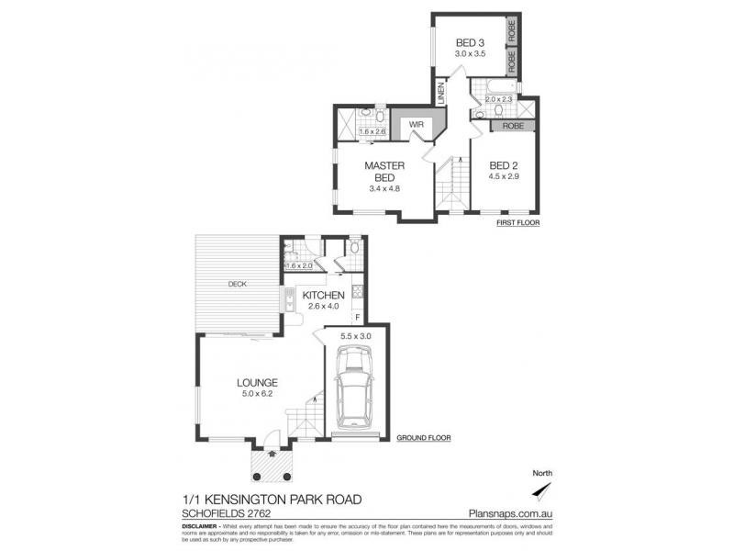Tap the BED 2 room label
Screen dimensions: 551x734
click(x=504, y=164)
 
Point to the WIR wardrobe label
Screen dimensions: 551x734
click(x=403, y=122)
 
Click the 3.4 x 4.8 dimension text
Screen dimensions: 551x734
click(x=379, y=189)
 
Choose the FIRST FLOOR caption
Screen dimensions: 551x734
click(x=517, y=223)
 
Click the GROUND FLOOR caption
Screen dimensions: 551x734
click(x=423, y=439)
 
